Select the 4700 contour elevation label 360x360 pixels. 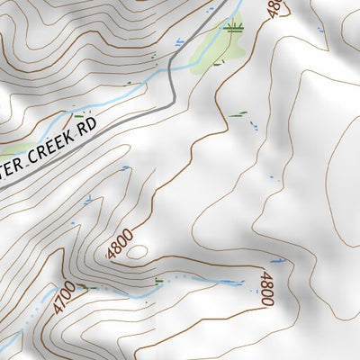62,298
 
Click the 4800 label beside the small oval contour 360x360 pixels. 119,244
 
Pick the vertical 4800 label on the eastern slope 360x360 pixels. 265,289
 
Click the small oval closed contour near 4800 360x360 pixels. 137,252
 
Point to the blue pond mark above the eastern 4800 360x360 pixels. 278,262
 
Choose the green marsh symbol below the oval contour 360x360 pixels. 159,282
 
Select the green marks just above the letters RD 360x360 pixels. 85,115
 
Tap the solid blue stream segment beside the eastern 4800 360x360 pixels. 229,282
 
